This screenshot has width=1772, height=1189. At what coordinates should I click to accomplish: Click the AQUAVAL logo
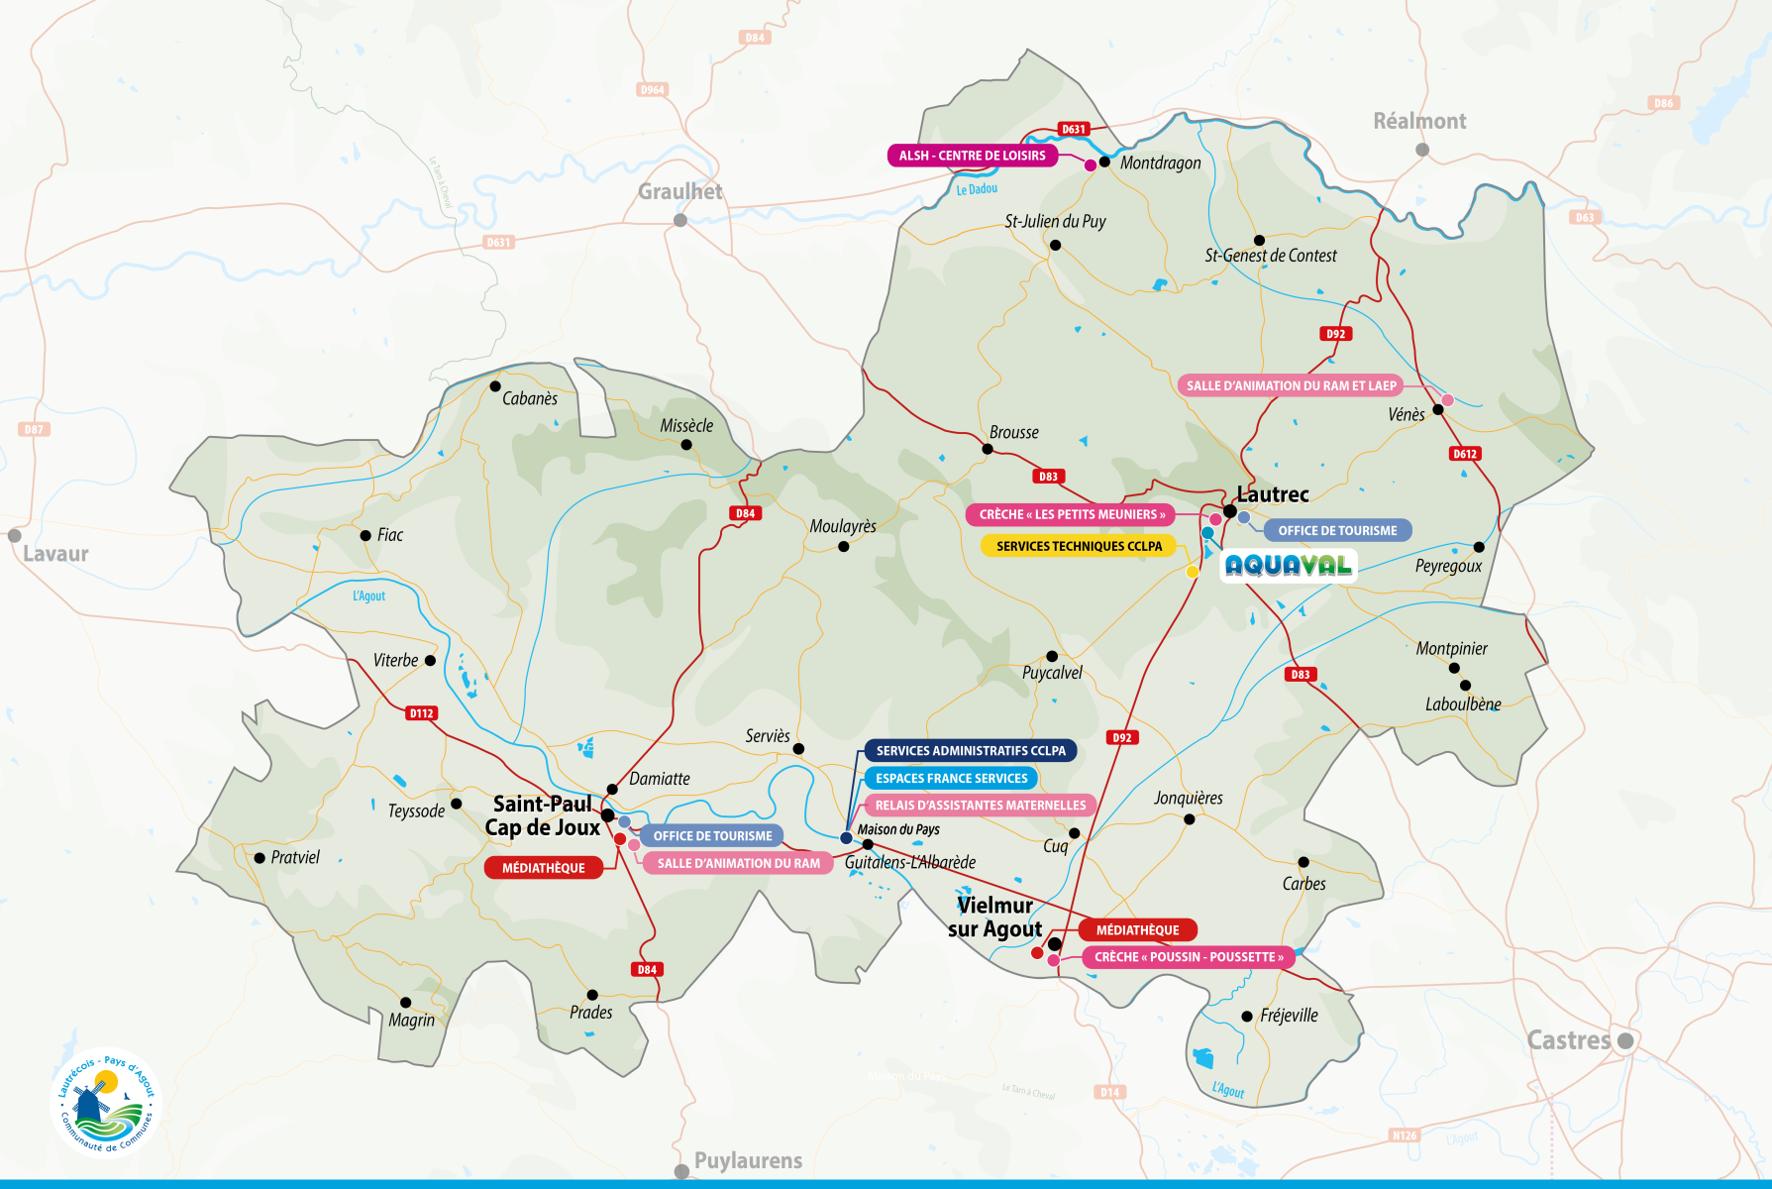pos(1288,566)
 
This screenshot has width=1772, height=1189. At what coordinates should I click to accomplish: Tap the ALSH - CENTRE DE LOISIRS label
pos(972,156)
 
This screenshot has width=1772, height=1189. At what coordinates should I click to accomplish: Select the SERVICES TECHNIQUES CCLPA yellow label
pos(1079,546)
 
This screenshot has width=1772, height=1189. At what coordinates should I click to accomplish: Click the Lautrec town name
pos(1273,493)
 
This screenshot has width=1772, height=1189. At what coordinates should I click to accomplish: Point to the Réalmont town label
pos(1418,121)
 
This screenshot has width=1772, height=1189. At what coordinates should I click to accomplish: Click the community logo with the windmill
pos(105,1102)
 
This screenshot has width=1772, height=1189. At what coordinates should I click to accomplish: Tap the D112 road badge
pos(422,713)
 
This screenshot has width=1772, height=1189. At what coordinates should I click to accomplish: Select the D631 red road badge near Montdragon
pos(1074,129)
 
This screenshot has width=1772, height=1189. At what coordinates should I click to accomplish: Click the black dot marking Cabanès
pos(495,386)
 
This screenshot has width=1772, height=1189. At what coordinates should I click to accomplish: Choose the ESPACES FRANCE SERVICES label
pos(951,778)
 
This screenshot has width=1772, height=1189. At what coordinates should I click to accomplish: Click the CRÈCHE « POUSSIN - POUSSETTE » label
pos(1189,957)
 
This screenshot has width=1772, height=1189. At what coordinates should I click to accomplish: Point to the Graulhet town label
pos(679,191)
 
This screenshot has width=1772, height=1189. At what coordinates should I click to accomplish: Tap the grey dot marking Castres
pos(1625,1041)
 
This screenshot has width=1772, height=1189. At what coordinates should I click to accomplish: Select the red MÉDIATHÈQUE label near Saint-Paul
pos(543,868)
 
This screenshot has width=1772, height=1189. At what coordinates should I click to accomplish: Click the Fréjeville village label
pos(1289,1016)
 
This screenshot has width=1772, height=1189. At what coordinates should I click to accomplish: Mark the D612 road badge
pos(1465,454)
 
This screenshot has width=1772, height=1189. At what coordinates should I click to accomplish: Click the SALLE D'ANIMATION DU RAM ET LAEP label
pos(1291,385)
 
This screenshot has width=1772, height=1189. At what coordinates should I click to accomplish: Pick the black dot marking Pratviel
pos(260,858)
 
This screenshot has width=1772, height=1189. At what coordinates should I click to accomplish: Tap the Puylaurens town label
pos(748,1160)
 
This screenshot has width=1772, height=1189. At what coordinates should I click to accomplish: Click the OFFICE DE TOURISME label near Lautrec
pos(1336,531)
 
